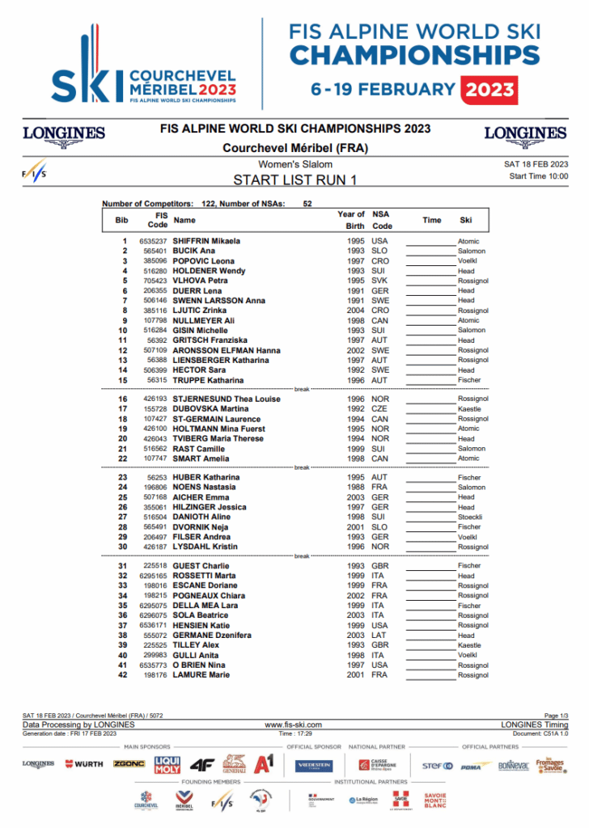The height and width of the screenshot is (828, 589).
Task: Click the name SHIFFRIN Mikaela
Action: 206,241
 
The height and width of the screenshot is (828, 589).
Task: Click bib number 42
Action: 123,675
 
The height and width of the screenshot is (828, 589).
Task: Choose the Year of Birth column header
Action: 351,220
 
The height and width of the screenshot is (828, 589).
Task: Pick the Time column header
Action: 432,220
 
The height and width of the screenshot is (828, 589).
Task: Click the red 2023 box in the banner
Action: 489,89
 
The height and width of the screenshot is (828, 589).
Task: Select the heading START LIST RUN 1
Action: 294,180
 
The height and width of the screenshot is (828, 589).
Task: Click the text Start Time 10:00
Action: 538,176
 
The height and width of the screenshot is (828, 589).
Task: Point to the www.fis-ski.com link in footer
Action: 294,725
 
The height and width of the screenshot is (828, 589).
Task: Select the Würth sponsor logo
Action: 84,764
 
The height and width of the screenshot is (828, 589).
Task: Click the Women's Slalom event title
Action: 294,165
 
